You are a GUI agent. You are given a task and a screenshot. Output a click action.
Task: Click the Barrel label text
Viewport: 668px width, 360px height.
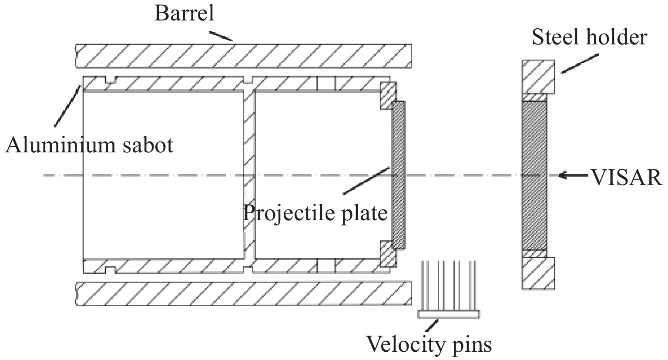pyautogui.click(x=184, y=14)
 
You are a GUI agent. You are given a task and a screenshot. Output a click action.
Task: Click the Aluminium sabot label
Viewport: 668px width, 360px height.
pyautogui.click(x=89, y=145)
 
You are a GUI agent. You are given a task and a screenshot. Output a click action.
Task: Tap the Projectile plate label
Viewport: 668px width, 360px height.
pyautogui.click(x=315, y=213)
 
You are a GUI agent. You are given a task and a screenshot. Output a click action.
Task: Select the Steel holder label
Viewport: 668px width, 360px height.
pyautogui.click(x=590, y=37)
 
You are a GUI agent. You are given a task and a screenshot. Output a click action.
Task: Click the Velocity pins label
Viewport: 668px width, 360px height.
pyautogui.click(x=429, y=344)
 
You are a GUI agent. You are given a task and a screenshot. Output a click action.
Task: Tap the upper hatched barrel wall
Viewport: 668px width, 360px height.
pyautogui.click(x=244, y=56)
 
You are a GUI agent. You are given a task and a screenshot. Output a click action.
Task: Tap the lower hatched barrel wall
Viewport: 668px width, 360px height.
pyautogui.click(x=244, y=294)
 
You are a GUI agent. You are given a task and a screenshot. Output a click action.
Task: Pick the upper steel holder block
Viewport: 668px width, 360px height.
pyautogui.click(x=538, y=77)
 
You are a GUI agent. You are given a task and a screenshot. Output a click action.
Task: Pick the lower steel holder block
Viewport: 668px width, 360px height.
pyautogui.click(x=538, y=273)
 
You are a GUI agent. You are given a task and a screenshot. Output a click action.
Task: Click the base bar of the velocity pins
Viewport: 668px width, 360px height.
pyautogui.click(x=448, y=314)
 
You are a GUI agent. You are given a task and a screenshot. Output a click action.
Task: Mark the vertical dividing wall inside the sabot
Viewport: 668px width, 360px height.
pyautogui.click(x=248, y=174)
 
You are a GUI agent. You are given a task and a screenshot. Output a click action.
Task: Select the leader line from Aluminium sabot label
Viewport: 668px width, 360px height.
pyautogui.click(x=67, y=106)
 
